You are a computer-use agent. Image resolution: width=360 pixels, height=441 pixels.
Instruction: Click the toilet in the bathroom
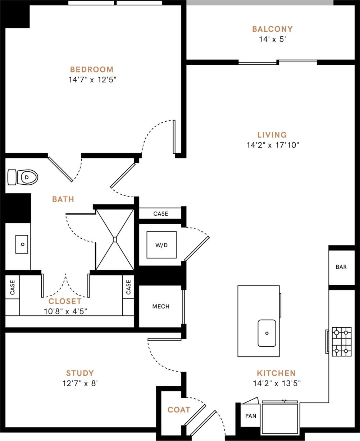click(x=23, y=177)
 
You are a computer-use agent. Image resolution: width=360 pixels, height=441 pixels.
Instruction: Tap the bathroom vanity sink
click(x=22, y=244)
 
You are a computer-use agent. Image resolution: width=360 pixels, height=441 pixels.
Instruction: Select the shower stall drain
click(x=115, y=239)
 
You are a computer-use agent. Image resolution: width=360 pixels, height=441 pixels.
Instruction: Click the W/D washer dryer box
click(x=161, y=245)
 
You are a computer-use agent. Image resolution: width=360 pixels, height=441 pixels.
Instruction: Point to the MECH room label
click(x=161, y=306)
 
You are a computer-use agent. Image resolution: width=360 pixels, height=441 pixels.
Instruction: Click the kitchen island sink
click(x=267, y=333)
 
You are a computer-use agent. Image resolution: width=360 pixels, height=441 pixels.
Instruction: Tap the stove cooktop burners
click(x=341, y=341)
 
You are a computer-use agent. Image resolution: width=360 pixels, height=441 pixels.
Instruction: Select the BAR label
click(x=341, y=267)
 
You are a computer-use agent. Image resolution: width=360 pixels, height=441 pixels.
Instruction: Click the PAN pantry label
click(x=251, y=416)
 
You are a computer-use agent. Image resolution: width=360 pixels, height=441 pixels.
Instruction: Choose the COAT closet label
click(x=179, y=410)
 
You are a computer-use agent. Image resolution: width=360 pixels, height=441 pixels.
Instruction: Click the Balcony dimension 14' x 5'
click(x=272, y=39)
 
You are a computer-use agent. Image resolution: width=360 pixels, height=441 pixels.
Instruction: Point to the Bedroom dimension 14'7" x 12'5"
click(x=92, y=80)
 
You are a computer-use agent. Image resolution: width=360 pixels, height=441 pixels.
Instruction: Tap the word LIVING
click(x=272, y=135)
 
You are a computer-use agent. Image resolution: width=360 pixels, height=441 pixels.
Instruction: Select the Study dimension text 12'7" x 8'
click(x=80, y=383)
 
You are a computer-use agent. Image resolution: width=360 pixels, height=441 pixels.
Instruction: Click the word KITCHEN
click(x=276, y=373)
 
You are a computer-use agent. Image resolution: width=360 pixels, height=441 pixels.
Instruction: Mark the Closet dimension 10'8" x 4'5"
click(x=65, y=311)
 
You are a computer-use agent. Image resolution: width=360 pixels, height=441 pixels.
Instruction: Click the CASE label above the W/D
click(x=161, y=213)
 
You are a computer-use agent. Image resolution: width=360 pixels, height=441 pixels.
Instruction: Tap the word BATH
click(x=63, y=199)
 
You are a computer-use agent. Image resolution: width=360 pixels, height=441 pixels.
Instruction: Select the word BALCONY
click(x=272, y=29)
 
